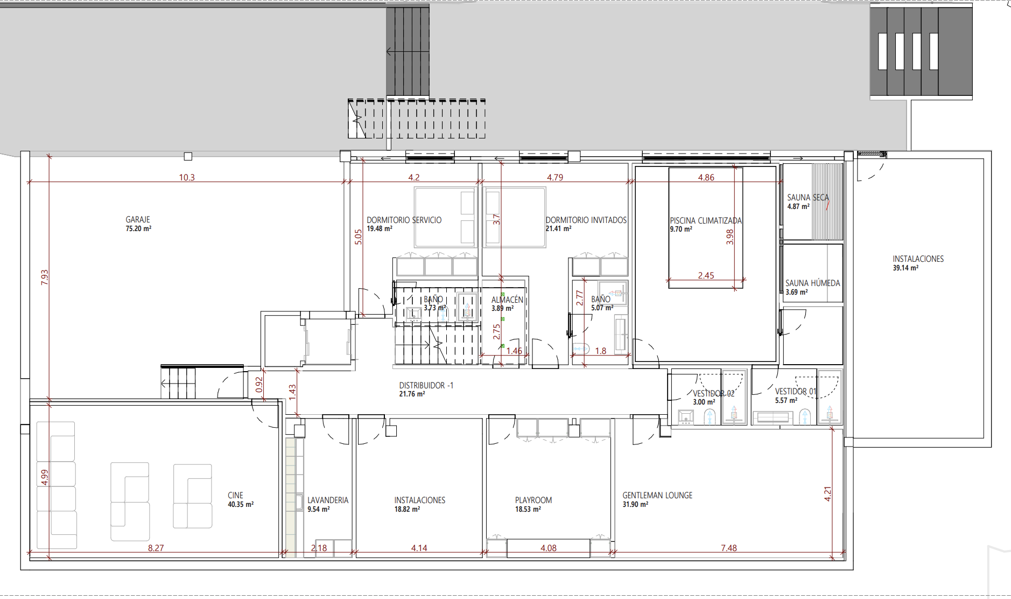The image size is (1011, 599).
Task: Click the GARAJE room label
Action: coord(138,220)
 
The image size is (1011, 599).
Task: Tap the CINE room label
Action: coord(235,496)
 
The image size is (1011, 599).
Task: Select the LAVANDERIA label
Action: coord(328,500)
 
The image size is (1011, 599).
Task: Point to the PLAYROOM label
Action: coord(533,500)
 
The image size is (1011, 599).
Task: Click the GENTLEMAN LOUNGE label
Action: coord(657,496)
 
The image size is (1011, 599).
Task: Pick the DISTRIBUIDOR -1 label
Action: coord(426,386)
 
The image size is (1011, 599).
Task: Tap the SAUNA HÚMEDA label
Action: coord(812,283)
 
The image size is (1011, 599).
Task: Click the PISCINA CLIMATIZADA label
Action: coord(706,221)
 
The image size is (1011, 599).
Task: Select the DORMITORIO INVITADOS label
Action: coord(586,220)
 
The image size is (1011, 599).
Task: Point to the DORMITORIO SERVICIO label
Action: coord(404,220)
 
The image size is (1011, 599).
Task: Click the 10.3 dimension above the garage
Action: coord(187,177)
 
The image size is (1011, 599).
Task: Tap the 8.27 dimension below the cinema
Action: coord(156,548)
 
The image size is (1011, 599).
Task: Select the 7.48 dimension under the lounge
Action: coord(729,548)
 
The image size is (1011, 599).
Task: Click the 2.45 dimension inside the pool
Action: coord(706,275)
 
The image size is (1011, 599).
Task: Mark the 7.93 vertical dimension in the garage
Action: coord(45,277)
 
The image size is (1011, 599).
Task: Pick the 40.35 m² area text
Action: coord(241,505)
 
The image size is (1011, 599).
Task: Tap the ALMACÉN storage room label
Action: coord(507,299)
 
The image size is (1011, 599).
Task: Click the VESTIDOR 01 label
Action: coord(796,392)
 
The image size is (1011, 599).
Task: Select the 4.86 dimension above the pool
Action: coord(706,177)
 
